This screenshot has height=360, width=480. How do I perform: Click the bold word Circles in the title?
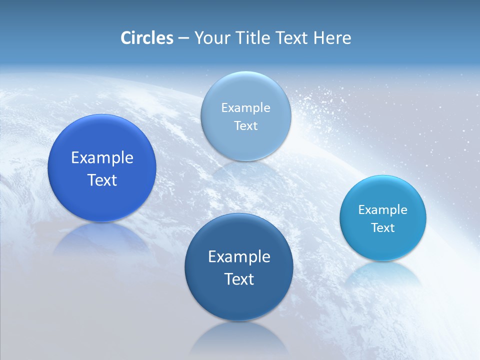pos(146,38)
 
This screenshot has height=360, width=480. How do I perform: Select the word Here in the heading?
pos(332,38)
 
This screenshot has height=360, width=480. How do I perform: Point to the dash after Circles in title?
pos(183,38)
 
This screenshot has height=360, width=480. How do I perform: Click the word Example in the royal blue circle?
pos(102,157)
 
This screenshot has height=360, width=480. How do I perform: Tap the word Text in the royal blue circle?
pos(102,180)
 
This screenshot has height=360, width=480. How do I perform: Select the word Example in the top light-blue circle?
pos(245,107)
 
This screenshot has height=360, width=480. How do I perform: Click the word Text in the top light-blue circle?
pos(245,125)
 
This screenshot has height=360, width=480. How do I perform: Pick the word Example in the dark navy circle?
pos(239,256)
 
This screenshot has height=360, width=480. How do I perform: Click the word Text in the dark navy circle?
pos(239,279)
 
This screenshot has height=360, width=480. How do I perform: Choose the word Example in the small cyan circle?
pos(382,209)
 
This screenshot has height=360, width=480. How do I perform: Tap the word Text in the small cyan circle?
pos(382,227)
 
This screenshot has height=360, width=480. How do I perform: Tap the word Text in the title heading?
pos(292,38)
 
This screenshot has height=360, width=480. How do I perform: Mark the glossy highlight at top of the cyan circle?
pos(383,183)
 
